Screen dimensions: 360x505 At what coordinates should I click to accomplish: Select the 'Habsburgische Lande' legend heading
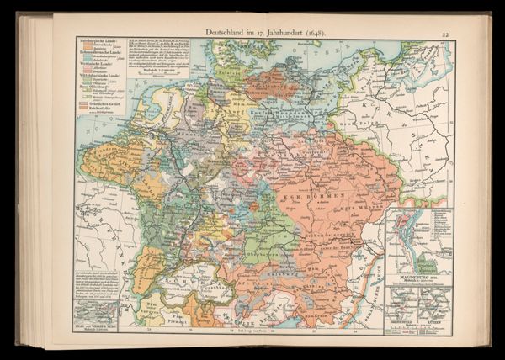[92, 44]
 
